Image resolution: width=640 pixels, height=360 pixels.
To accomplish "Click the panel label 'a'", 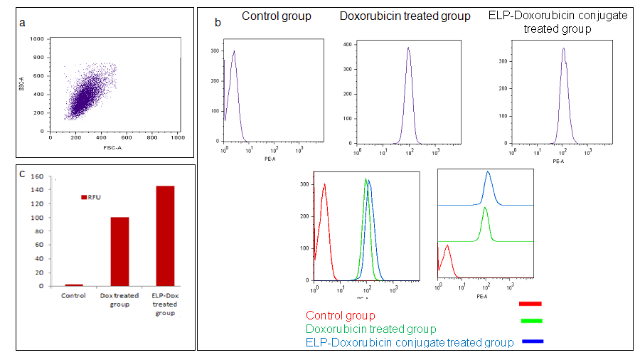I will tap(23, 23).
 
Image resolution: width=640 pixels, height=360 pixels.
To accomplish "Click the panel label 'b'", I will tap(218, 23).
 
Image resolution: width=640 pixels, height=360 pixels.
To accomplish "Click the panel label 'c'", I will tap(23, 173).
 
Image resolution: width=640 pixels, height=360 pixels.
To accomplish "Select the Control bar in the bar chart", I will tap(74, 285).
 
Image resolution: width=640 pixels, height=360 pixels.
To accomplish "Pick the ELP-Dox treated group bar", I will tap(164, 235).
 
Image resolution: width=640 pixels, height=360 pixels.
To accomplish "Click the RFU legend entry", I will tap(94, 197).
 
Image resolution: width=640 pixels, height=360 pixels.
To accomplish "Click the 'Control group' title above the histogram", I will tap(277, 16).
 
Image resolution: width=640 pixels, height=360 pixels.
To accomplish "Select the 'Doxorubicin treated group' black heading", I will tap(405, 16).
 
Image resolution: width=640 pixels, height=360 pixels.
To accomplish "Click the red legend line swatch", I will tap(530, 305).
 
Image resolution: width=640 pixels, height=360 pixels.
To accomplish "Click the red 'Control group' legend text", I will tap(341, 315).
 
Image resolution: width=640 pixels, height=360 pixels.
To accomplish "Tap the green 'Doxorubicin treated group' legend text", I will tap(370, 329).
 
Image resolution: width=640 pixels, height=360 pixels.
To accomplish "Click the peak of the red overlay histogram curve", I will tap(325, 184).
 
